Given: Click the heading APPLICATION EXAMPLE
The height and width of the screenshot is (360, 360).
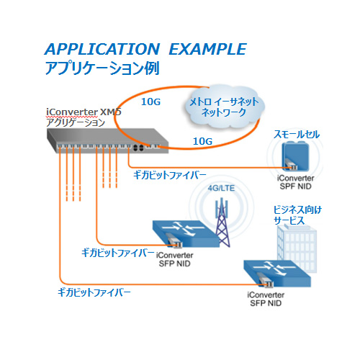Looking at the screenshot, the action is [x=145, y=49].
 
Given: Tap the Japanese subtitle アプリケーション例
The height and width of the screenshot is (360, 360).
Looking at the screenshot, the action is [x=102, y=68].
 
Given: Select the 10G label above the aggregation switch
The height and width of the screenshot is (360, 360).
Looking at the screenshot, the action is [x=150, y=102].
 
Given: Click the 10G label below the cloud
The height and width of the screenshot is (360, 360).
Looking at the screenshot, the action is [x=203, y=141].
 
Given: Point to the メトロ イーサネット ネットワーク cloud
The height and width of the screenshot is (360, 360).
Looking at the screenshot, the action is [x=224, y=107].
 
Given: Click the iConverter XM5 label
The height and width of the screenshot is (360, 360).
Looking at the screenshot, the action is [x=84, y=112].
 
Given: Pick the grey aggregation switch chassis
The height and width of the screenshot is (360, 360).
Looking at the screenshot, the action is [x=107, y=140].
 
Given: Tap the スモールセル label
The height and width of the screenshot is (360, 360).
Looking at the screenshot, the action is [x=297, y=135].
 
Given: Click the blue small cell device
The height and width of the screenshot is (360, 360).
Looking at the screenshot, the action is [x=295, y=156].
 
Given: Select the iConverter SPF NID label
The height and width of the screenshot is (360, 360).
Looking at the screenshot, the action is [x=295, y=182].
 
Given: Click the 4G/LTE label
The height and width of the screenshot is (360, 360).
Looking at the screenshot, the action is [x=221, y=188].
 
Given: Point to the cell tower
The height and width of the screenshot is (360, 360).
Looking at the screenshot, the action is [x=222, y=222].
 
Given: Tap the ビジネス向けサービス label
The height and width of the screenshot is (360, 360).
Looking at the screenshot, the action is [x=297, y=215].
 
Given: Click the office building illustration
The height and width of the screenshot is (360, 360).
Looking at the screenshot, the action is [x=297, y=249].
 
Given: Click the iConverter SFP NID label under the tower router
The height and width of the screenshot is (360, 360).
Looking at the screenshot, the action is [x=174, y=259].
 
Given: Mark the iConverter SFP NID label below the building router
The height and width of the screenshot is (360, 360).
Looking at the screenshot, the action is [x=266, y=299].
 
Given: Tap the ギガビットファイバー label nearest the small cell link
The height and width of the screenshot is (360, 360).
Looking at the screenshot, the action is [x=170, y=175].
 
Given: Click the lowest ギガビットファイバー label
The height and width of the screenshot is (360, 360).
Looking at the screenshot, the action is [x=94, y=292].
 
